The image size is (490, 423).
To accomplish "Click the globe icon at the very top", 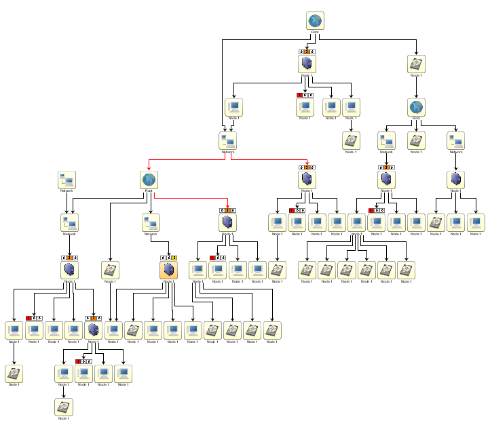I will click(x=314, y=22).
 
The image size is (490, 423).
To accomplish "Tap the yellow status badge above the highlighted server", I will click(x=174, y=258).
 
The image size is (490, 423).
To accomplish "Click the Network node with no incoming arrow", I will click(x=67, y=180).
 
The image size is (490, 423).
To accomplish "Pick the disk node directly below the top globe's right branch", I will click(x=416, y=64).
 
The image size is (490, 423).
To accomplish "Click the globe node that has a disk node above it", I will click(x=416, y=107).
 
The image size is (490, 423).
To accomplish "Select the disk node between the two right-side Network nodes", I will click(x=416, y=140).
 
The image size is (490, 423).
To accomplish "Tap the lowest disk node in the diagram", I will click(x=64, y=407).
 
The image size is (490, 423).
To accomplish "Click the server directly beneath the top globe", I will click(x=307, y=64).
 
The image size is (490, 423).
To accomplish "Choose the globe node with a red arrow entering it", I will click(x=149, y=180).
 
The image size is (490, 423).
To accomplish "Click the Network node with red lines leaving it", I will click(x=228, y=141).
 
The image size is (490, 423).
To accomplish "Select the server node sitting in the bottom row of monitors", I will click(x=94, y=330).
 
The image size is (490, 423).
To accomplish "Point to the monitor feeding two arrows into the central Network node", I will click(x=233, y=107).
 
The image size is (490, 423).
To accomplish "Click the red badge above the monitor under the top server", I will click(x=299, y=95).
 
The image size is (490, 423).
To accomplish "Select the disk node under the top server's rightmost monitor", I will click(x=351, y=140).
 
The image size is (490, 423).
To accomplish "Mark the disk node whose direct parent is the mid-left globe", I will click(x=110, y=270).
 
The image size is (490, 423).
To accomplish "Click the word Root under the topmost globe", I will click(x=314, y=33).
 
